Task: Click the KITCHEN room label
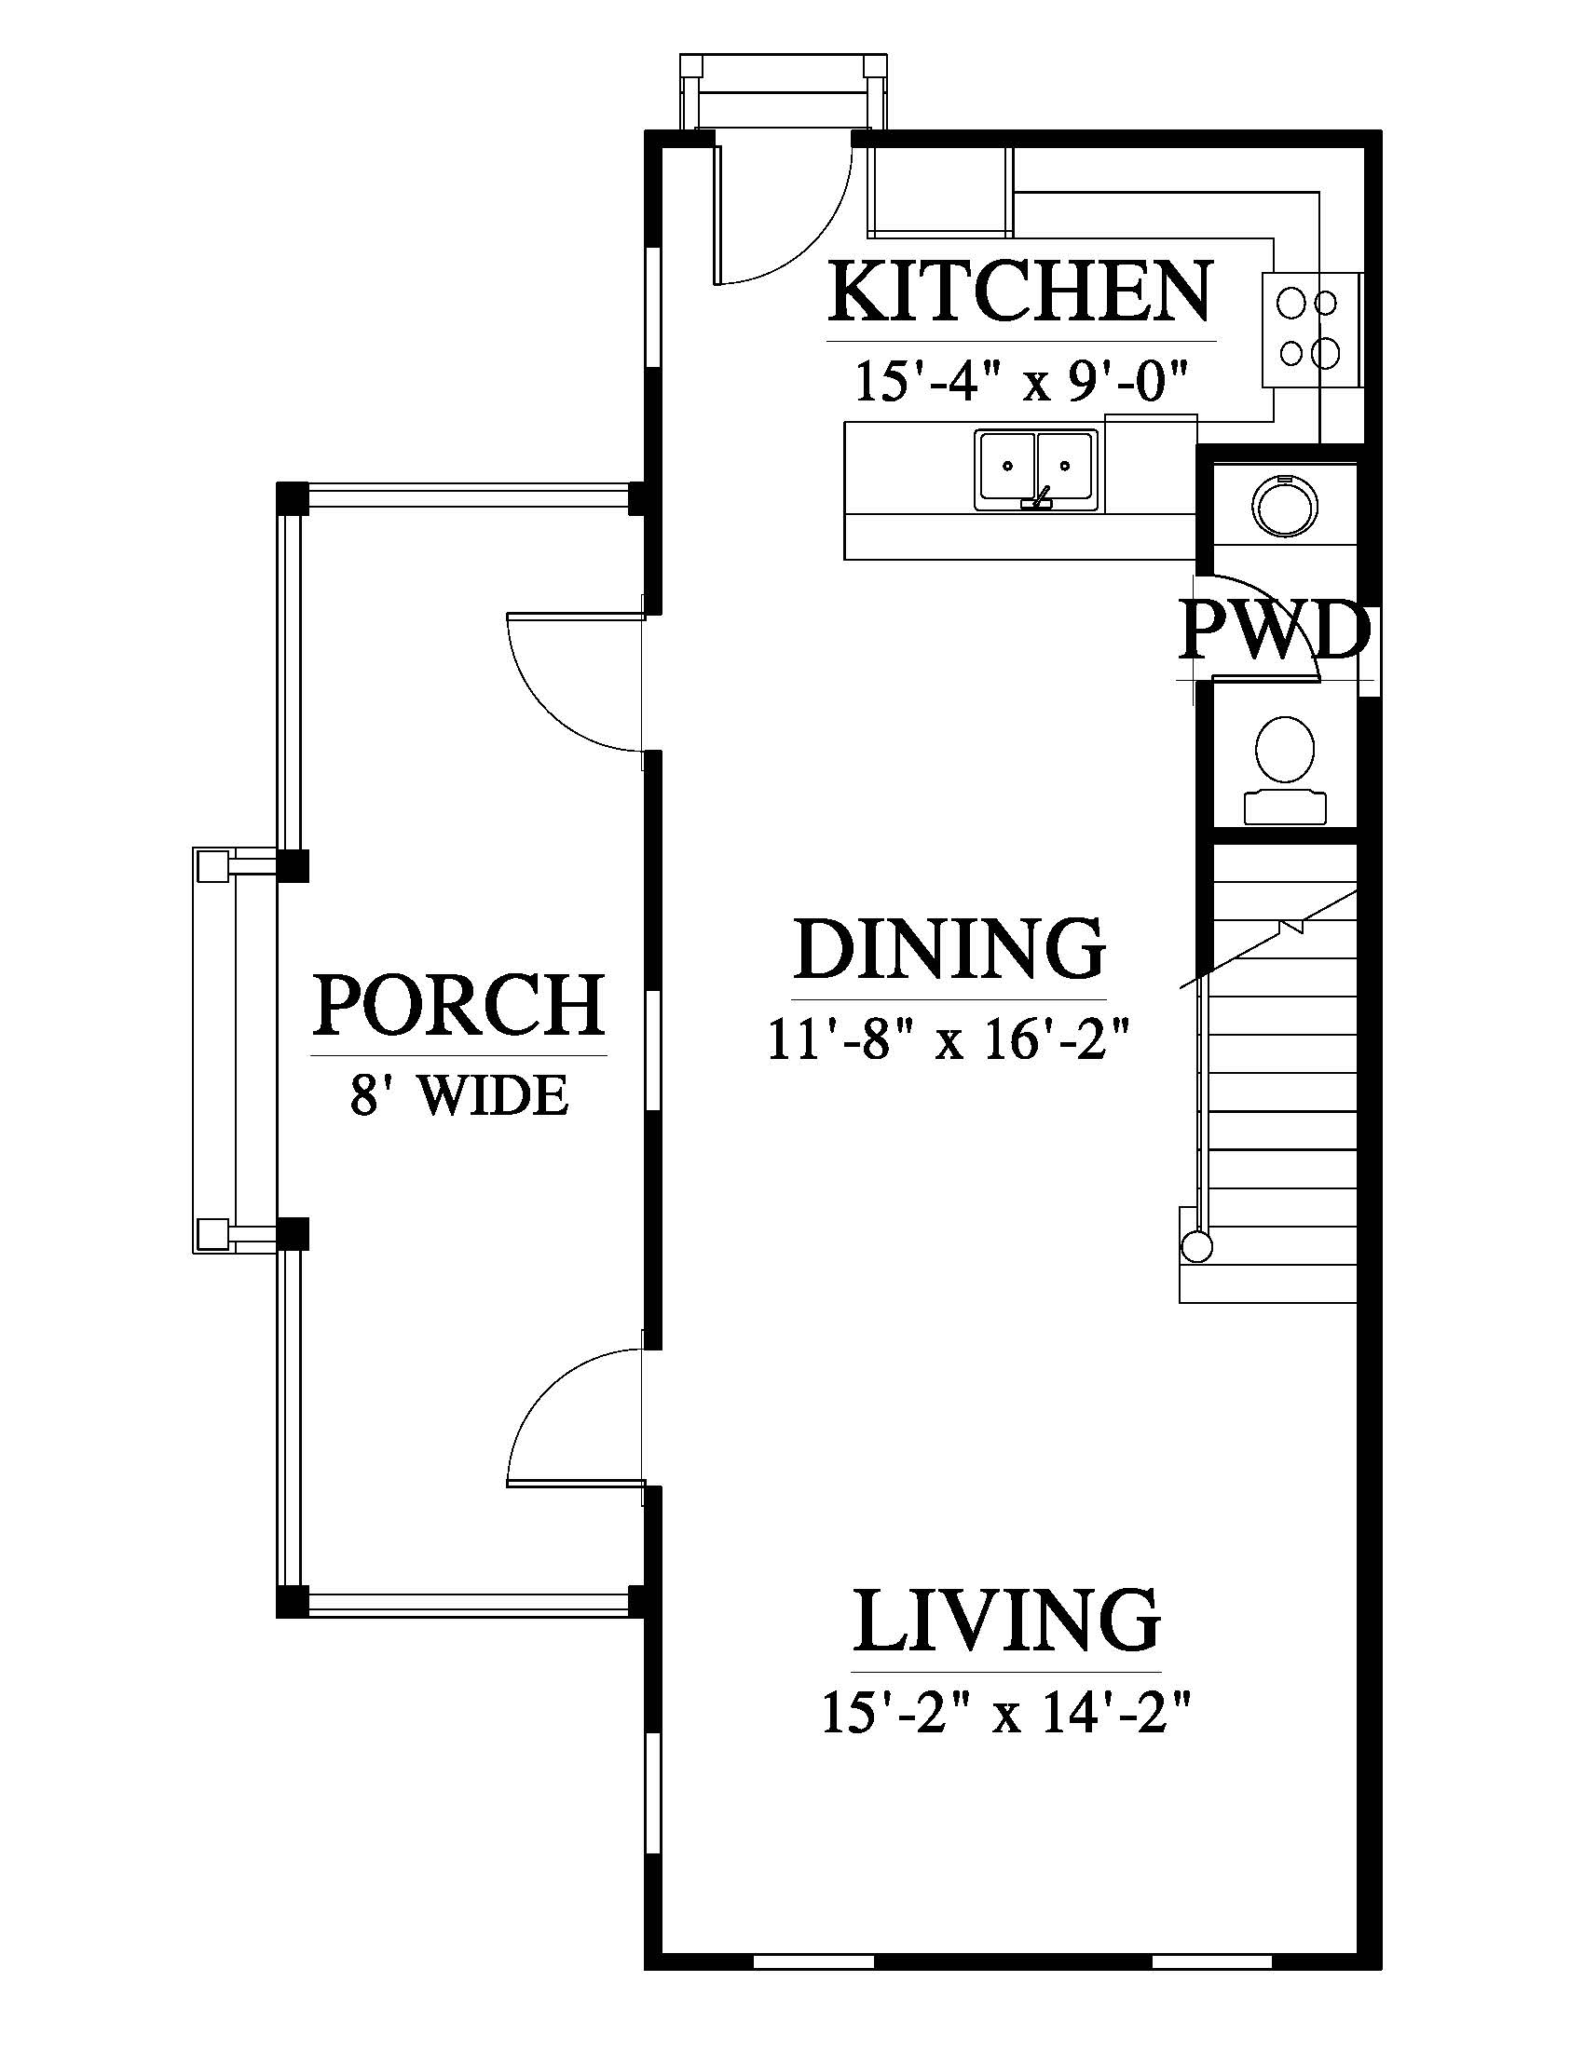click(1020, 292)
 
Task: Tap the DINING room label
click(949, 949)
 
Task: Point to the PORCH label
click(458, 1005)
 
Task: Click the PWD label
click(1273, 631)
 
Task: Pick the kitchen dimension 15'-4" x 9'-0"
click(1021, 381)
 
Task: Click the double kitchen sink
click(1036, 470)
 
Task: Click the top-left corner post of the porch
click(292, 497)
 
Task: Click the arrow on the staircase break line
click(1295, 926)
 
